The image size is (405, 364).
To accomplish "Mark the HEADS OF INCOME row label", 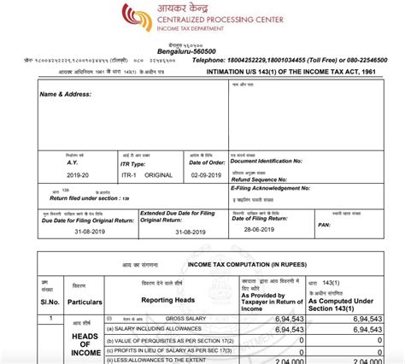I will (87, 342).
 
